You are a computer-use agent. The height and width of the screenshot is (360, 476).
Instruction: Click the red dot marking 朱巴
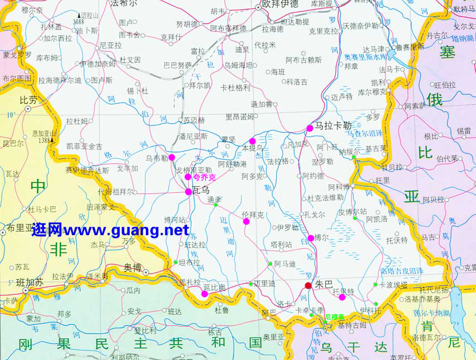308,286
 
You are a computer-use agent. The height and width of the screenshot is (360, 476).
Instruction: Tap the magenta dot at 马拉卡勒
310,128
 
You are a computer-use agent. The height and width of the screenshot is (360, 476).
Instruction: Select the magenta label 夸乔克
204,177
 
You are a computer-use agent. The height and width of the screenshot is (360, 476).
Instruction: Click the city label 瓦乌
201,191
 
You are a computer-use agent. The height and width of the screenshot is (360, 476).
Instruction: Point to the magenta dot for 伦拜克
246,221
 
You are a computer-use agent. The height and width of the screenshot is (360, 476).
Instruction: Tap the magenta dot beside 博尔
311,239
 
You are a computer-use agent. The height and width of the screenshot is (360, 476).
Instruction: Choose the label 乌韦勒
156,158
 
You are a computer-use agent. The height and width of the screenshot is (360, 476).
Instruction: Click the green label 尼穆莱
335,317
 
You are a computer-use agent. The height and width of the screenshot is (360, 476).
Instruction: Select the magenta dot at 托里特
342,297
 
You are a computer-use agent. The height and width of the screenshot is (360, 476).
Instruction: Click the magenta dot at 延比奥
204,294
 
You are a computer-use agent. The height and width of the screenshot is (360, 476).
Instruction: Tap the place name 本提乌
252,148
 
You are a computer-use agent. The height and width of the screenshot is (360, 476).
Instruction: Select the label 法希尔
123,3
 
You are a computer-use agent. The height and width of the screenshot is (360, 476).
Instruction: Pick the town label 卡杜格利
235,87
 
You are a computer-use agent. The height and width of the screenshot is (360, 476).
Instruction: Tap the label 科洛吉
297,82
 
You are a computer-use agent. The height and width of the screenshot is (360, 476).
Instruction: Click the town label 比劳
28,100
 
